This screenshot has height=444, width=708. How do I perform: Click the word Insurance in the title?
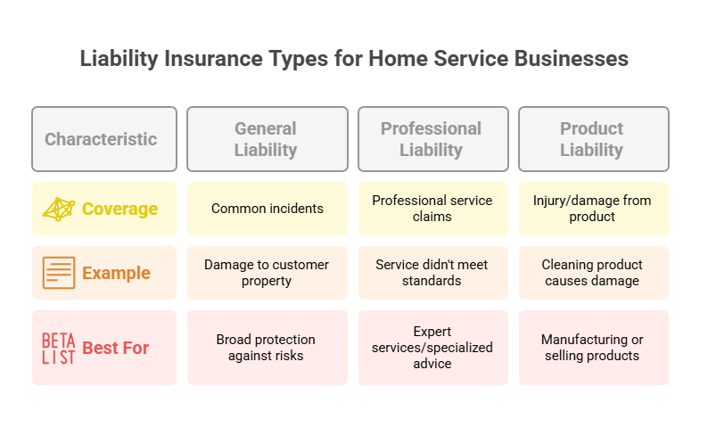(213, 59)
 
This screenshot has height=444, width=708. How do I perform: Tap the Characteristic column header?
(104, 139)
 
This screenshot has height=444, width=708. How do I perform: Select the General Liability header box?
(268, 139)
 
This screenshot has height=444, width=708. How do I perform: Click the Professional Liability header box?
(433, 139)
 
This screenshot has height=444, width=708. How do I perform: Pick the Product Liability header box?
(594, 139)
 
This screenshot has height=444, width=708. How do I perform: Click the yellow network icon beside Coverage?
(59, 209)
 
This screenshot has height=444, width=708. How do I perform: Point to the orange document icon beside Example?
(59, 273)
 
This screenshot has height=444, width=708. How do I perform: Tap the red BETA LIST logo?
(58, 349)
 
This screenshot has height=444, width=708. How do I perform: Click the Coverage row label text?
(119, 209)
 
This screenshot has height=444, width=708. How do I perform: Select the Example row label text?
(116, 273)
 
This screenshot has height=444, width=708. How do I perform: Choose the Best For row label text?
(116, 348)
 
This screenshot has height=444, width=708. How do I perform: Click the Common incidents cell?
(268, 209)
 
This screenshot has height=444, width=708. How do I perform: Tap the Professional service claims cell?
(433, 209)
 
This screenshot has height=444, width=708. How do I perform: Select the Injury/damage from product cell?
(594, 209)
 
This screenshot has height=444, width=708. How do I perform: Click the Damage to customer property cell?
(268, 273)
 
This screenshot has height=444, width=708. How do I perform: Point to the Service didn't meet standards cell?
(433, 273)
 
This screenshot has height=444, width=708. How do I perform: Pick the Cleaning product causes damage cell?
(594, 273)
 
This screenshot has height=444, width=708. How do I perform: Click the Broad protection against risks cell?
(268, 348)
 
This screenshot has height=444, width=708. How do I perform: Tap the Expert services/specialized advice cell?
(433, 348)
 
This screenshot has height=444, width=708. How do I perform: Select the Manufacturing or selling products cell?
(594, 348)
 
